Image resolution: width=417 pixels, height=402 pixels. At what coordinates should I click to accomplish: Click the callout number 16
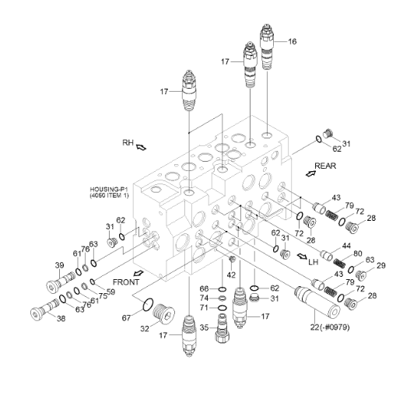(292, 41)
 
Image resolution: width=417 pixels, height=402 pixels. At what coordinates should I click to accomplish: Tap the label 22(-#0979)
(330, 327)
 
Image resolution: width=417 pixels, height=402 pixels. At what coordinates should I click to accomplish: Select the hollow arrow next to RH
(141, 147)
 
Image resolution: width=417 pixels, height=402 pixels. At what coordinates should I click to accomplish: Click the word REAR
(325, 166)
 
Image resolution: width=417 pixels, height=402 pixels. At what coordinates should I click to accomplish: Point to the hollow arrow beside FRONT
(138, 273)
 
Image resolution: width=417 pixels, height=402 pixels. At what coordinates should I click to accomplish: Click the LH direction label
(314, 262)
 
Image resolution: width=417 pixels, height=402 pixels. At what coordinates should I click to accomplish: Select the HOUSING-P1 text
(109, 190)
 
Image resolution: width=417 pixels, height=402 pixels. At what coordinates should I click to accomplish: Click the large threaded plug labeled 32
(164, 313)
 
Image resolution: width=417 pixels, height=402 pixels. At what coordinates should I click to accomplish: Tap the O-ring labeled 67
(148, 305)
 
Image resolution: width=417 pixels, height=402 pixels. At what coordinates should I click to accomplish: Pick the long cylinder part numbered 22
(317, 302)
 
